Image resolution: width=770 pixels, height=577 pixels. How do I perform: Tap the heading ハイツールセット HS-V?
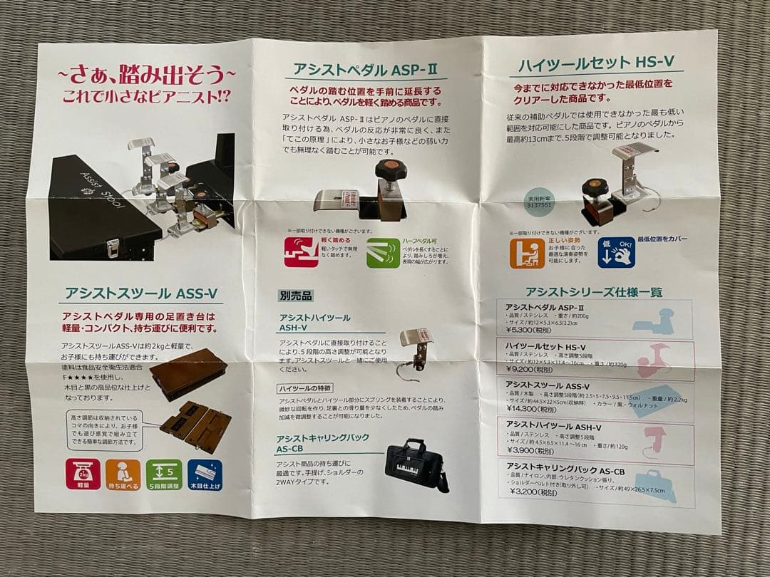point(596,63)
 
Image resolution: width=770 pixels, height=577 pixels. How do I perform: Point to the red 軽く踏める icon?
point(301,252)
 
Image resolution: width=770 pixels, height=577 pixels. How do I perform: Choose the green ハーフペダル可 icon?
point(383,253)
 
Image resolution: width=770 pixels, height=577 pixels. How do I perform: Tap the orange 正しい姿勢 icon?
point(527,252)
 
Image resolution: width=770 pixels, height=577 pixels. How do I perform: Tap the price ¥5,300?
point(530,329)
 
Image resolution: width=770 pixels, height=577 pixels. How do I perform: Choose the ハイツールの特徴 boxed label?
point(304,388)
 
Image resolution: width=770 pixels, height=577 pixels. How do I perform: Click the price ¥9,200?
point(530,369)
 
